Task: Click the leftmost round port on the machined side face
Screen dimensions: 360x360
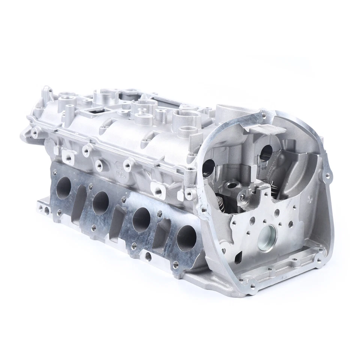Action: pyautogui.click(x=63, y=187)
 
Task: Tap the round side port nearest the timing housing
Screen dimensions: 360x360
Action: pyautogui.click(x=186, y=238)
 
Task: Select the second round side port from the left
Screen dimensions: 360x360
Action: pyautogui.click(x=100, y=202)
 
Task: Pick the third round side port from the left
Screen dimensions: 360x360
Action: pyautogui.click(x=141, y=219)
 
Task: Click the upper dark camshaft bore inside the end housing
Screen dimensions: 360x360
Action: pyautogui.click(x=265, y=151)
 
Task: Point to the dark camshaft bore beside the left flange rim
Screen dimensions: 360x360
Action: pyautogui.click(x=208, y=168)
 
